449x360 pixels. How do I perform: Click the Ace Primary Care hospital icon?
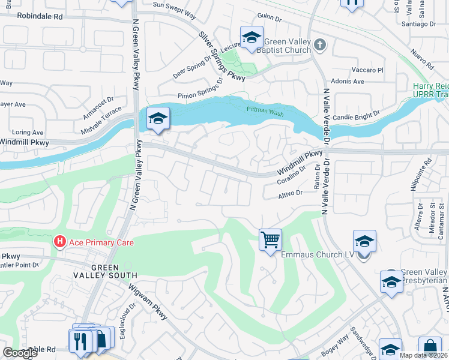[x=60, y=242]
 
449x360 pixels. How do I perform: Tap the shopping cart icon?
[x=271, y=239]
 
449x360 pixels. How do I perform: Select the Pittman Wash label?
[x=265, y=109]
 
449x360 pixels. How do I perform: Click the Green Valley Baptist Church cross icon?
[x=320, y=44]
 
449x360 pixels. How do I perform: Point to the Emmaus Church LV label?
[x=318, y=254]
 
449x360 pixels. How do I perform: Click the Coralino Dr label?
[x=291, y=175]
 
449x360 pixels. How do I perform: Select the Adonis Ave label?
[x=348, y=81]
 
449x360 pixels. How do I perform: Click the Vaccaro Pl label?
[x=368, y=70]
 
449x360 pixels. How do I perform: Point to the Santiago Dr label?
[x=419, y=24]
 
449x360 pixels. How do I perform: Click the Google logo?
[x=19, y=353]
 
